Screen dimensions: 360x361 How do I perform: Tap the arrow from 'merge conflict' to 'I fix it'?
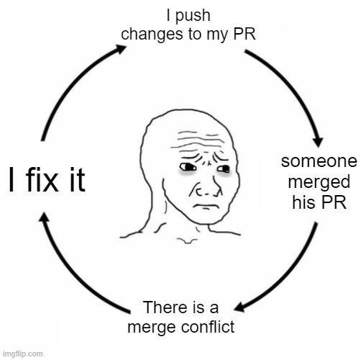pos(72,274)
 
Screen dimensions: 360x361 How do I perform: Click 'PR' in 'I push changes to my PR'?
pos(243,33)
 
